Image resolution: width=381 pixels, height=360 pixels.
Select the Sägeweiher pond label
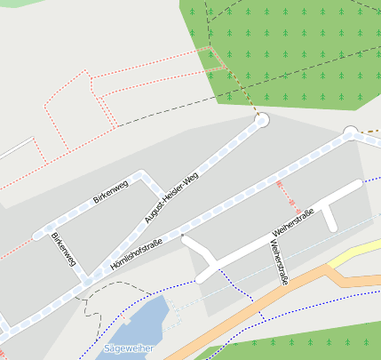tap(129, 348)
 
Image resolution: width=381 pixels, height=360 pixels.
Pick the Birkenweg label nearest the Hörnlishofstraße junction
tap(63, 250)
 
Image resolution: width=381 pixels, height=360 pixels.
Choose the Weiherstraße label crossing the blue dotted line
tap(278, 261)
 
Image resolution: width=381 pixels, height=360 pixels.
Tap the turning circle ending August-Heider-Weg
tap(261, 120)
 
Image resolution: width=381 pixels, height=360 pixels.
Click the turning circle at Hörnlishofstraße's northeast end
tap(350, 133)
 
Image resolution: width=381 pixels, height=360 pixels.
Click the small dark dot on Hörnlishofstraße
tap(181, 235)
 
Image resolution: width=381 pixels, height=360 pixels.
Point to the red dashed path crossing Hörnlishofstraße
tap(280, 189)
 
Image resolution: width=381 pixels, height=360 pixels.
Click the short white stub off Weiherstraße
tap(329, 217)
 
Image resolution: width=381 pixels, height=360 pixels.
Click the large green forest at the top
tap(293, 44)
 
